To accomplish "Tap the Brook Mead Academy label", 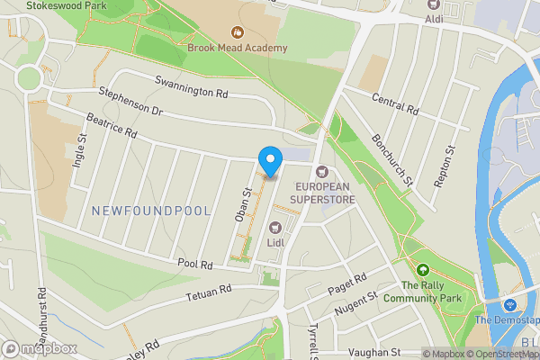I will pos(238,48).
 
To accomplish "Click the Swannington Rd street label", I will pos(193,89).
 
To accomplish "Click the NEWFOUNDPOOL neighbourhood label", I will pos(151,211).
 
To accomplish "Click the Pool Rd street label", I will pos(194,265).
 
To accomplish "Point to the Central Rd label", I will pos(395,103).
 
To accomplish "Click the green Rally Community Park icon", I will pos(423,268).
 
